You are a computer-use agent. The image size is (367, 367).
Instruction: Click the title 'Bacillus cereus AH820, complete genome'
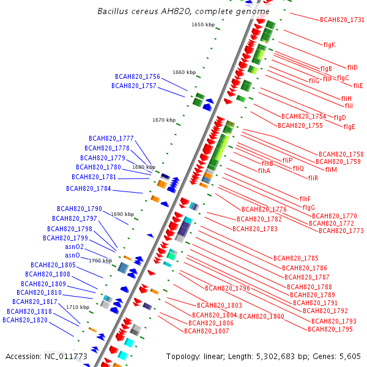click(183, 12)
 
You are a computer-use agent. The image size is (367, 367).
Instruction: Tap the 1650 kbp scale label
click(203, 25)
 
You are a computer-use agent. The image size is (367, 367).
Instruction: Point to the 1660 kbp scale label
click(184, 72)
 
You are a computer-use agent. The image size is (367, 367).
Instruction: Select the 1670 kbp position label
click(164, 120)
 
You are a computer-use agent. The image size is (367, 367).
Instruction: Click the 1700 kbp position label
click(101, 261)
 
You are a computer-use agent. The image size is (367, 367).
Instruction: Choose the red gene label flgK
click(329, 45)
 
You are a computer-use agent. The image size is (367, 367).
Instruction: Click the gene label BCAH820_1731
click(342, 20)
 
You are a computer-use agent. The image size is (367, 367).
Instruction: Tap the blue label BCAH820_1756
click(138, 77)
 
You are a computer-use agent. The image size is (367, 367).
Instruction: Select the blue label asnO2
click(75, 247)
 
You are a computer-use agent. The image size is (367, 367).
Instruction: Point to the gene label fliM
click(331, 169)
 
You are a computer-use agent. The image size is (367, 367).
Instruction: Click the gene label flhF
click(305, 199)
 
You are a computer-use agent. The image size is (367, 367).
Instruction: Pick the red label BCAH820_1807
click(207, 331)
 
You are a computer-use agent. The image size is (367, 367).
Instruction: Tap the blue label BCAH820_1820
click(24, 320)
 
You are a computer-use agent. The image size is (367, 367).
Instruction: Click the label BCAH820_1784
click(89, 188)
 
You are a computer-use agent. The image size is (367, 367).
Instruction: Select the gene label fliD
click(352, 67)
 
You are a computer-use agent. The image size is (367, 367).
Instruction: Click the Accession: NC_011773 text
click(46, 356)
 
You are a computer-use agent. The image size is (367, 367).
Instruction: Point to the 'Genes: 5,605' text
click(338, 356)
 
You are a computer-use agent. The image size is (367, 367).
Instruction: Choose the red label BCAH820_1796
click(228, 288)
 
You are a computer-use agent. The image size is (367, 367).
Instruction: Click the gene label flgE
click(349, 127)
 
